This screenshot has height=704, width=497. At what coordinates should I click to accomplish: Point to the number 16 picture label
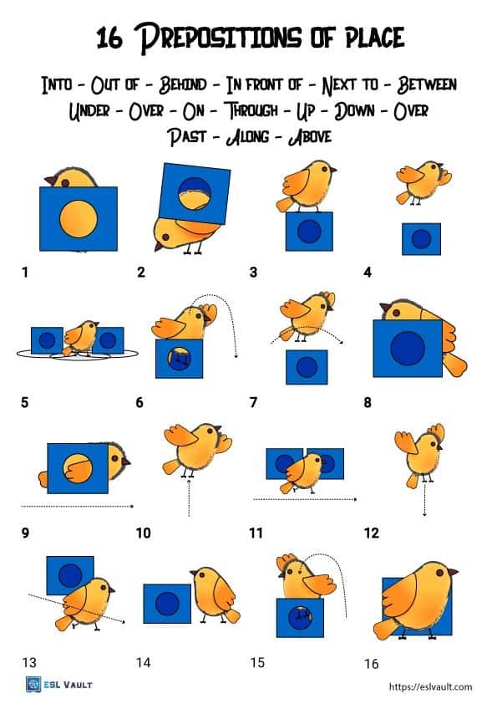(x=371, y=664)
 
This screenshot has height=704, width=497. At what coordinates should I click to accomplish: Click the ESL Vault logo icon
(x=33, y=685)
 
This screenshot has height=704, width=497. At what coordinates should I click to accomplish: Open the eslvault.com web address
(x=431, y=686)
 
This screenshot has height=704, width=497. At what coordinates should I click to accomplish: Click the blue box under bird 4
(x=421, y=239)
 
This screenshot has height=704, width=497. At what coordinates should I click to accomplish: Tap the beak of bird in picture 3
(x=334, y=171)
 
